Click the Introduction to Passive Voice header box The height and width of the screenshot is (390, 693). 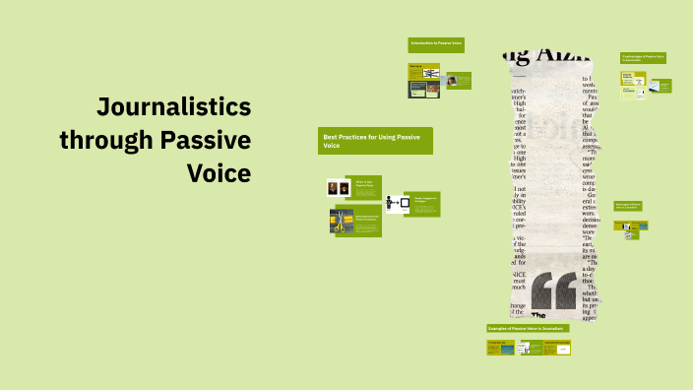[x=437, y=44]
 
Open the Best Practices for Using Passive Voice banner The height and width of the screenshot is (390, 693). [x=375, y=141]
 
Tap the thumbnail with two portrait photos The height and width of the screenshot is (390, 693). [x=339, y=188]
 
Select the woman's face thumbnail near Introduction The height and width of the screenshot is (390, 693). [x=452, y=81]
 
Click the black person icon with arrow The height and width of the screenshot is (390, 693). [x=398, y=204]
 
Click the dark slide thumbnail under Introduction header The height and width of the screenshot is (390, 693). [x=424, y=89]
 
